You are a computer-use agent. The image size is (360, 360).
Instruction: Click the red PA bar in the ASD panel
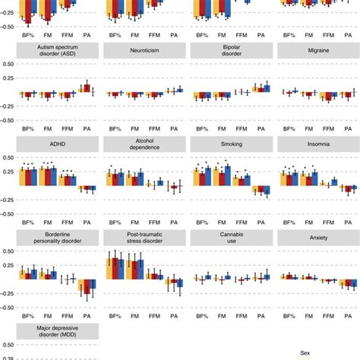(87, 89)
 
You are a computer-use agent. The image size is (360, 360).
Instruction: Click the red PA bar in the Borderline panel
(87, 287)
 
